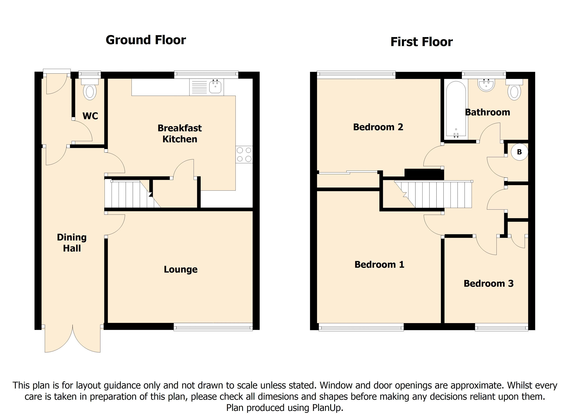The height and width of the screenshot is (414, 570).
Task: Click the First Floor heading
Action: coord(421,42)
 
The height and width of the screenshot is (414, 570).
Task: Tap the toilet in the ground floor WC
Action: coord(90,89)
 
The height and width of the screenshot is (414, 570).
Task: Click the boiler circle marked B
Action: coord(519,152)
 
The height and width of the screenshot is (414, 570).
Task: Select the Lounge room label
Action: coord(181,269)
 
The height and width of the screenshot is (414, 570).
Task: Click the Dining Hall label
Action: coord(72,243)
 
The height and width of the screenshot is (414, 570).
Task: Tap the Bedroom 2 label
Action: coord(378,127)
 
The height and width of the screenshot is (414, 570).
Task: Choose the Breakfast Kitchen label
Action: coord(180,134)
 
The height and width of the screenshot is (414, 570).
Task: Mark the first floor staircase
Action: coord(433,194)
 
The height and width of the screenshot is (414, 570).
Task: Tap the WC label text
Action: coord(90,116)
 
